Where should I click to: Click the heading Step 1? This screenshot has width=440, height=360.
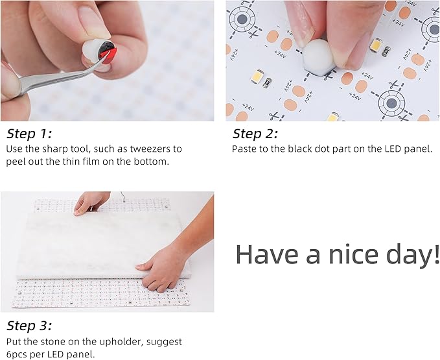(x=29, y=134)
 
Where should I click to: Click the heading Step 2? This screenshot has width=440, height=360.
(x=255, y=134)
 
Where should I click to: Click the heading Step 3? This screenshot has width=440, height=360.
(x=29, y=326)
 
